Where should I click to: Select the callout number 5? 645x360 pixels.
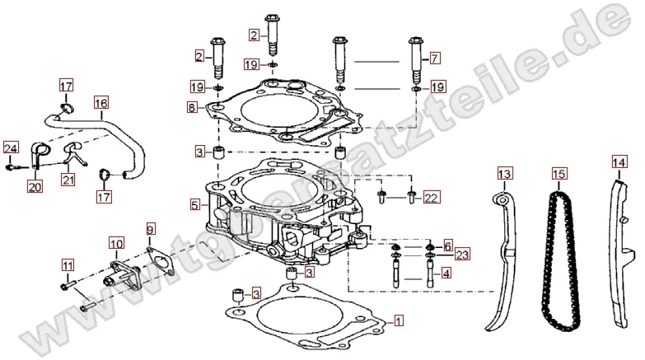coord(194,203)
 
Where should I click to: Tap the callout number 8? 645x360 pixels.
coord(190,107)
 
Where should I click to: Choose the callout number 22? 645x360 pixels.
coord(432,196)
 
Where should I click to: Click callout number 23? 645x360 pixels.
coord(462,255)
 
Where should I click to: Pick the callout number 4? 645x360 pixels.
coord(446,273)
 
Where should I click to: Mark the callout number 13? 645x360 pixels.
coord(504,173)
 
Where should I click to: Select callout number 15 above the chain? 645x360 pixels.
coord(559,175)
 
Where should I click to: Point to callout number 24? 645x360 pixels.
coord(10,148)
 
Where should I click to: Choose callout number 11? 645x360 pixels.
coord(67,266)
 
